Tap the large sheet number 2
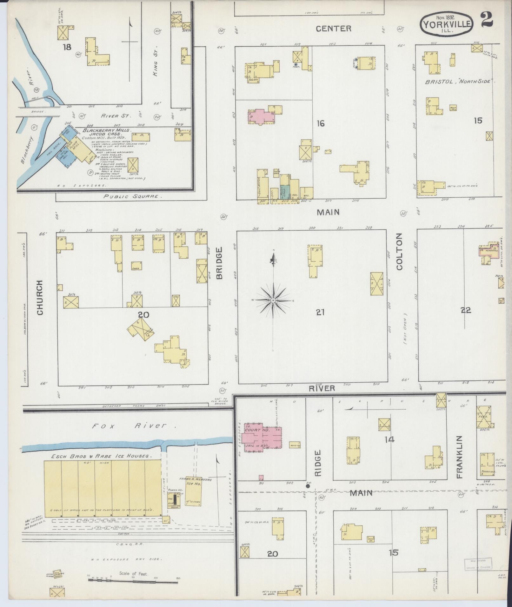(x=486, y=20)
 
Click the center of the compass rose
(x=273, y=300)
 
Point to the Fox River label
(x=133, y=426)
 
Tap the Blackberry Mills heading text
(x=107, y=130)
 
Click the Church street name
(x=40, y=297)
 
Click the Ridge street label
(x=318, y=463)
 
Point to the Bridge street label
(x=219, y=263)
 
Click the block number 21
(x=320, y=313)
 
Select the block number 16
(x=320, y=123)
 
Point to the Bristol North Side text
(x=460, y=82)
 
